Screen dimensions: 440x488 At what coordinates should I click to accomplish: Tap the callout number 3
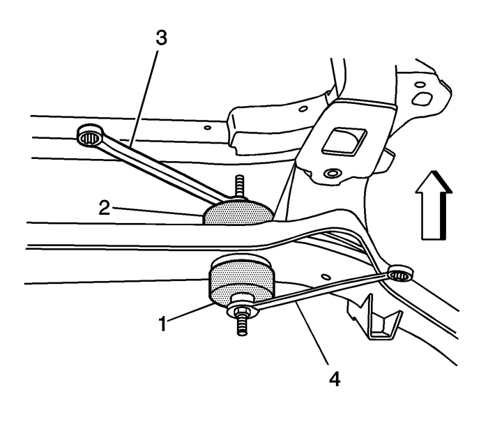tap(161, 39)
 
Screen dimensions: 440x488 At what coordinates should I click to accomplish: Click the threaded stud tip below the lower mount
tap(242, 328)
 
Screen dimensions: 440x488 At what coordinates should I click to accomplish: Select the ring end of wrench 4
tap(399, 273)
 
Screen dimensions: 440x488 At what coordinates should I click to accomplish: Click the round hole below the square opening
tap(332, 173)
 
